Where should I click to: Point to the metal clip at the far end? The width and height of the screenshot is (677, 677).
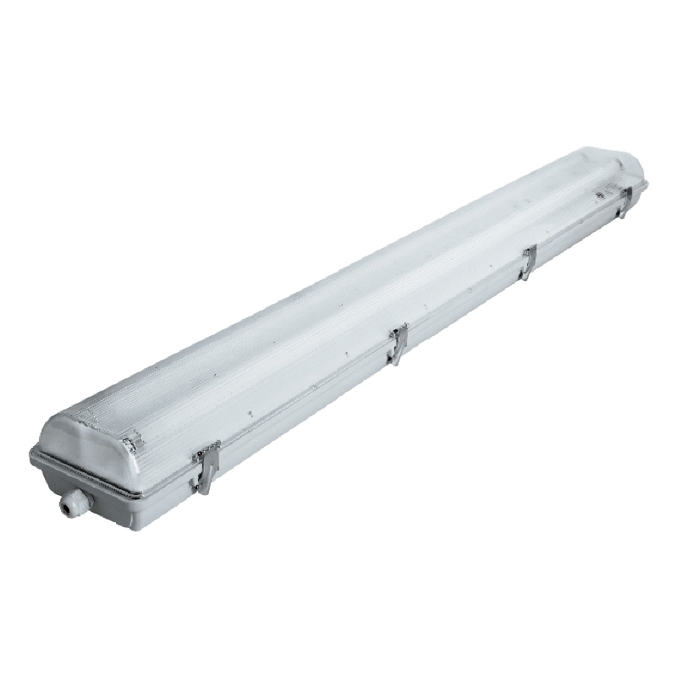[x=624, y=201]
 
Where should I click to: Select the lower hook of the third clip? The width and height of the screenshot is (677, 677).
[x=525, y=277]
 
